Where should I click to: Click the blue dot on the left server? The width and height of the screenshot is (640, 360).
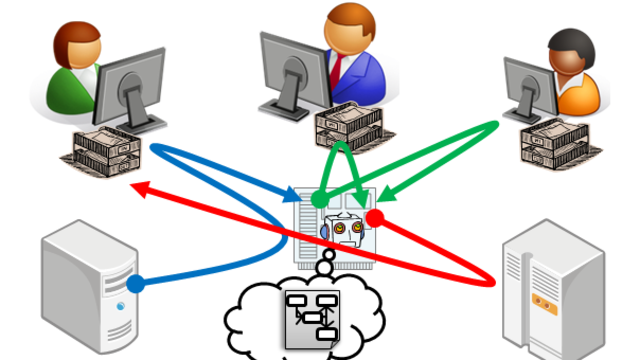click(135, 283)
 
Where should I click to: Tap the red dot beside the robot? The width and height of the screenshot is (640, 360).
click(375, 216)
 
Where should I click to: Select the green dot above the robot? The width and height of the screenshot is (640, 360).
click(318, 201)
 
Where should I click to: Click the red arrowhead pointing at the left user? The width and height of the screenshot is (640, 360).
click(142, 184)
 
